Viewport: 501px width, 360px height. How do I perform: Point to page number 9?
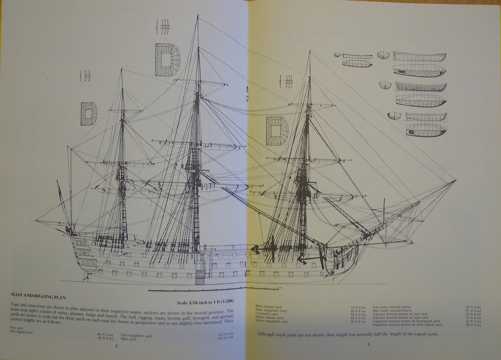pos(369,344)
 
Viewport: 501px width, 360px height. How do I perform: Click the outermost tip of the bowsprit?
pos(456,181)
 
